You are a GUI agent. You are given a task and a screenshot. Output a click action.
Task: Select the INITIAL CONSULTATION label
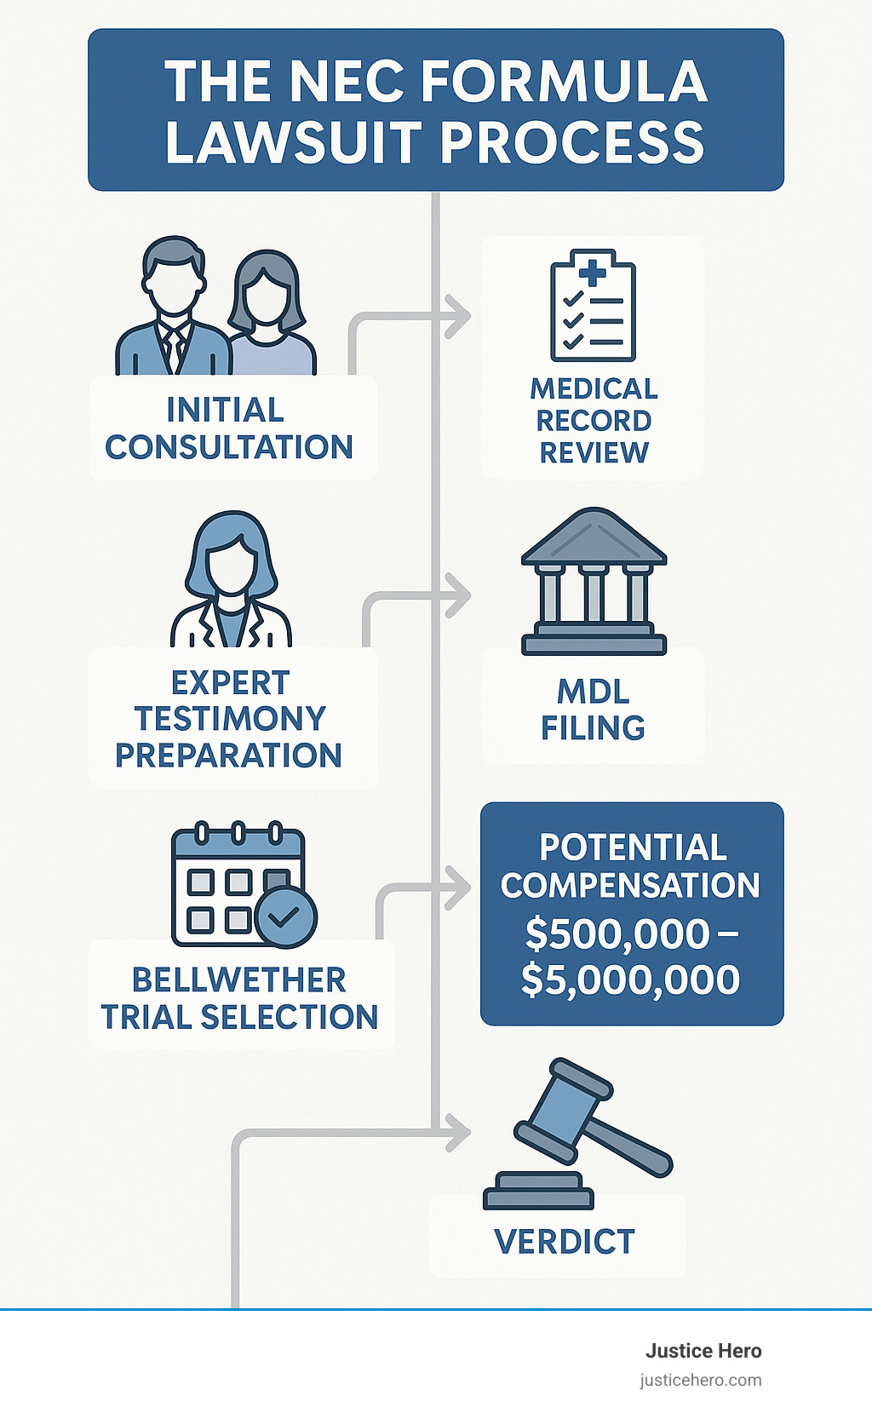(228, 428)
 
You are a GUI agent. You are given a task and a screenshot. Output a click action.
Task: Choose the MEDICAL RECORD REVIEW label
(594, 421)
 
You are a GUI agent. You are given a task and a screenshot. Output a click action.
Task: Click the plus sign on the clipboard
(593, 272)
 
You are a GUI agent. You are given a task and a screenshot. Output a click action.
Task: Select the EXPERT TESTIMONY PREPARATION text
(229, 719)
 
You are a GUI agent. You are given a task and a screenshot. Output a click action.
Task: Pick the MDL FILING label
(593, 709)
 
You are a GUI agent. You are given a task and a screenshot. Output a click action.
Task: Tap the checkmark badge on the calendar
(285, 916)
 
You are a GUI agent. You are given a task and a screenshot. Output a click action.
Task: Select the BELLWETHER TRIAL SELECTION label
(239, 998)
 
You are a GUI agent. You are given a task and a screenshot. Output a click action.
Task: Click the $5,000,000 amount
(630, 980)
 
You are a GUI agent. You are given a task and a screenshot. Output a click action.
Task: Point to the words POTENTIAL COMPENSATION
(631, 866)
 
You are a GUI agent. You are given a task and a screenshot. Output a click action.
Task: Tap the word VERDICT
(565, 1242)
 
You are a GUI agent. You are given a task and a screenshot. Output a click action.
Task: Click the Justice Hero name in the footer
(703, 1351)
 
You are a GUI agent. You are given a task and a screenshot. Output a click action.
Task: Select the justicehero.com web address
(701, 1380)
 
